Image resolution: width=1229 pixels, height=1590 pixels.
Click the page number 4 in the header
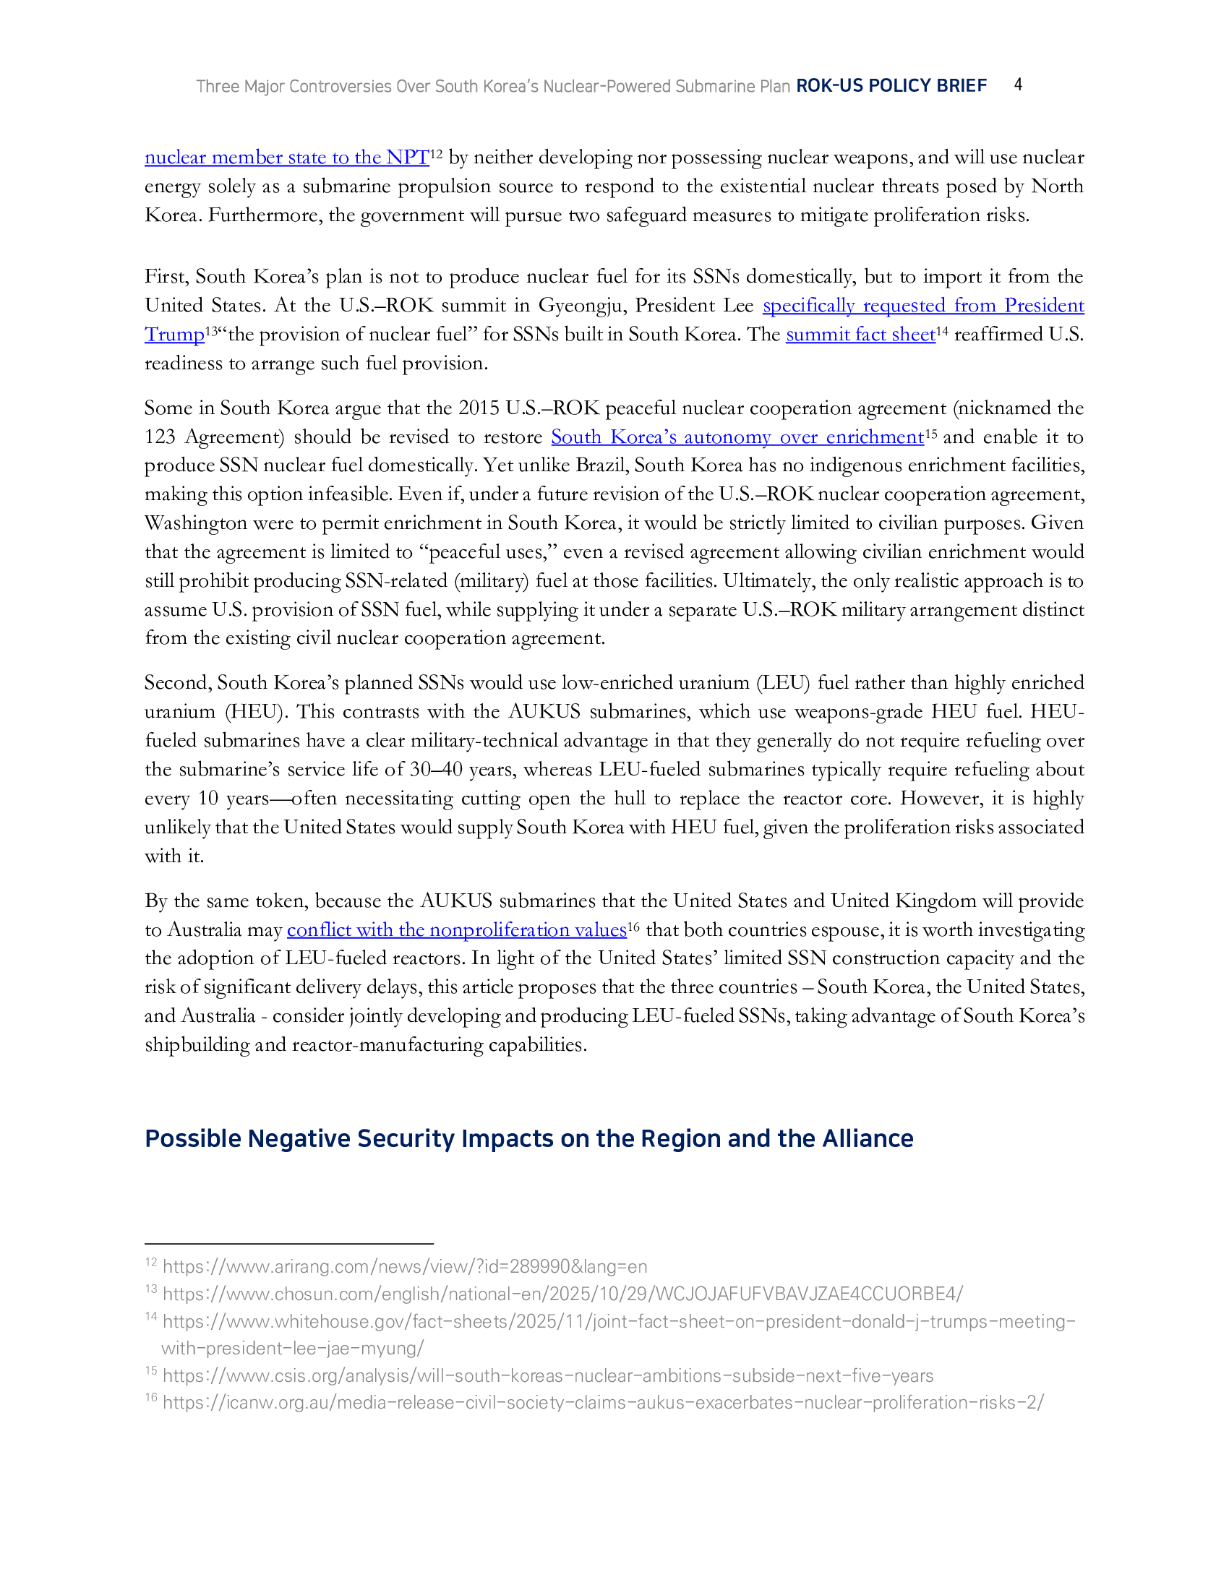tap(1018, 85)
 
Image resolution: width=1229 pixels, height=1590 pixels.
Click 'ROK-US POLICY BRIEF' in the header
tap(891, 86)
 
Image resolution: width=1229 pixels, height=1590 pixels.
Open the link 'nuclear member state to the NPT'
tap(286, 158)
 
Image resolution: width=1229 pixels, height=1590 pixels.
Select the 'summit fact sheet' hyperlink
tap(860, 334)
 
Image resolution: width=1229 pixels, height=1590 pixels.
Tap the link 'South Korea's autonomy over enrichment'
tap(737, 437)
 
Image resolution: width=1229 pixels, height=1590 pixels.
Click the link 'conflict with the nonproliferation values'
tap(456, 929)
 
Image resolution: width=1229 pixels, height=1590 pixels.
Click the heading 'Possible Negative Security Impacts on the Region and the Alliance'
tap(528, 1138)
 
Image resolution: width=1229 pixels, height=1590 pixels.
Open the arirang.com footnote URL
tap(405, 1267)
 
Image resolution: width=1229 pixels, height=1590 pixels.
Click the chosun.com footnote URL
tap(562, 1294)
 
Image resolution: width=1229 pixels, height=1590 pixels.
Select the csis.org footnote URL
tap(547, 1375)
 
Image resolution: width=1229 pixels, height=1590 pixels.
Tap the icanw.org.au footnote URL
tap(603, 1402)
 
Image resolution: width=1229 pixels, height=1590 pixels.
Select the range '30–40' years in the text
tap(435, 770)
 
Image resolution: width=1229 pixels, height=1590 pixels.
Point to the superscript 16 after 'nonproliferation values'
tap(633, 926)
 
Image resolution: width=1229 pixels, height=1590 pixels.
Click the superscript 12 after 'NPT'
tap(436, 154)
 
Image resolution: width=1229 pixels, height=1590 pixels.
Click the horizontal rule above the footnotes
tap(289, 1245)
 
